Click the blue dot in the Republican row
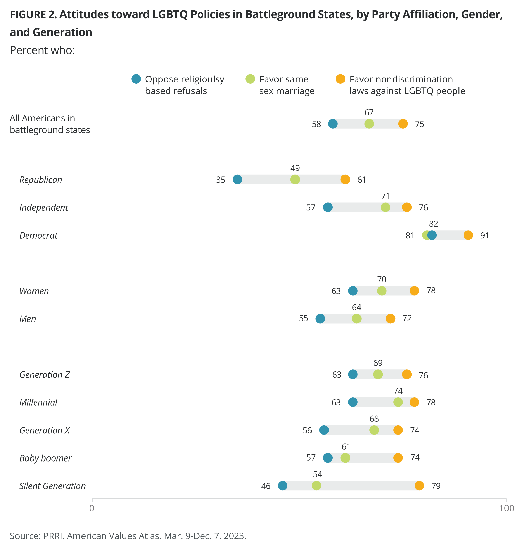237,179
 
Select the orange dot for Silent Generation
419,486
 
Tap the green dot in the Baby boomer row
345,458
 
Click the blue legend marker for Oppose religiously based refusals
136,79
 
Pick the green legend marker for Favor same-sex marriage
250,79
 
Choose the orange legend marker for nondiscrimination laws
340,79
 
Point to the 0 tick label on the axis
92,508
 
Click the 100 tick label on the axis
506,508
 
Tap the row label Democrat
38,235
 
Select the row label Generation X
44,430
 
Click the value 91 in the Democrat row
484,235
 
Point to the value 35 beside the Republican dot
220,180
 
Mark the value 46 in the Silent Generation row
266,486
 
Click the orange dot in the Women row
414,291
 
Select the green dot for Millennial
398,402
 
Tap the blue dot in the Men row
320,318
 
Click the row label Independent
44,207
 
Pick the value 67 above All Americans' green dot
369,112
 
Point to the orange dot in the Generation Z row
407,374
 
